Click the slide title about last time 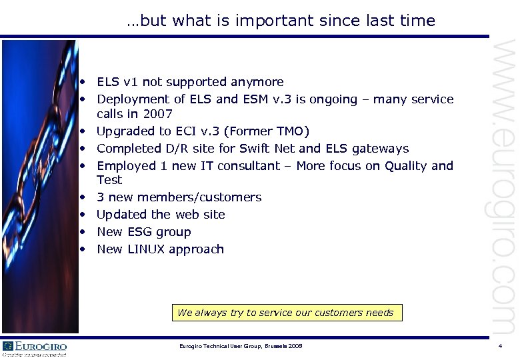coord(281,21)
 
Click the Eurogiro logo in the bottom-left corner coord(35,348)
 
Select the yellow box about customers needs coord(285,313)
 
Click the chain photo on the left coord(40,186)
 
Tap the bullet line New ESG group coord(143,232)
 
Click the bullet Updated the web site coord(161,215)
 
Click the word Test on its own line coord(109,180)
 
